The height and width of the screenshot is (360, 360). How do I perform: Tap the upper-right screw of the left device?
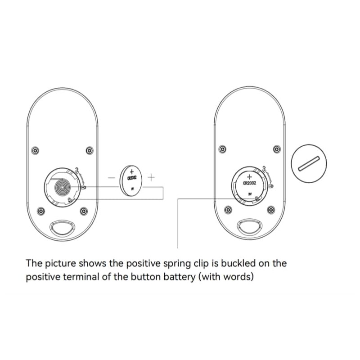pos(90,150)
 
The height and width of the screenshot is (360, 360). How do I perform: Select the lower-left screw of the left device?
pos(41,211)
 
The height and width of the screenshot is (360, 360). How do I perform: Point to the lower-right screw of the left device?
pos(83,211)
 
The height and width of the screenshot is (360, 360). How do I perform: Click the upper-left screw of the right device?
pos(222,149)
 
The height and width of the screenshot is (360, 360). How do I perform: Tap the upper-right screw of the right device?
pos(276,149)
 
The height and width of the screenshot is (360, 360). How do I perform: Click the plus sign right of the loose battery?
pos(151,177)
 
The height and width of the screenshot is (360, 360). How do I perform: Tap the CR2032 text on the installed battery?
pos(249,183)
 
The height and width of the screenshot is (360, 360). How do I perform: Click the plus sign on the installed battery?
pos(249,176)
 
